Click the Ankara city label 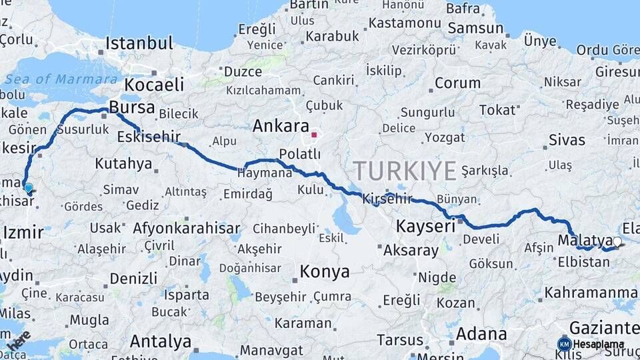[x=280, y=126]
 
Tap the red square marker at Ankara [x=314, y=135]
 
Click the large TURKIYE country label [x=405, y=171]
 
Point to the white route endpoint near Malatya [x=617, y=242]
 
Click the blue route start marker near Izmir [x=29, y=187]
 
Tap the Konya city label [x=325, y=271]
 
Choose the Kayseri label [x=425, y=226]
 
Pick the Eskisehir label [x=149, y=137]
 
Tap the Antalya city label [x=160, y=341]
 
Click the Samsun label [x=475, y=28]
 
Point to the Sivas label [x=567, y=140]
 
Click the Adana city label [x=481, y=334]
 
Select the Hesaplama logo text [x=598, y=344]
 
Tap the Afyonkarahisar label [x=187, y=228]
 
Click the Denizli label [x=133, y=278]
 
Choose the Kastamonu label [x=405, y=23]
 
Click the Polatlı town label [x=299, y=154]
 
